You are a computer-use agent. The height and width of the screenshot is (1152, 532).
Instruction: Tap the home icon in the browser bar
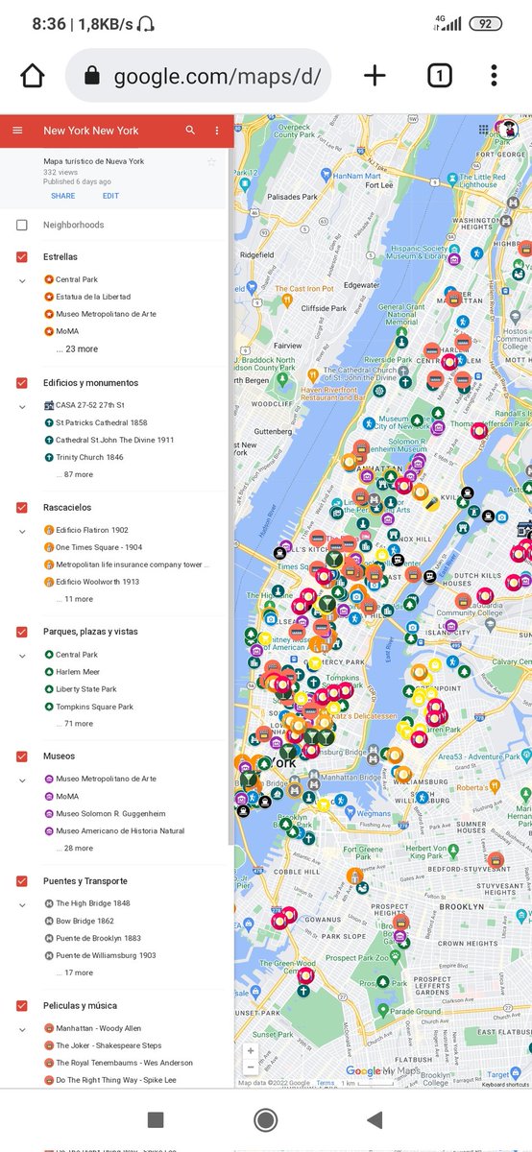33,76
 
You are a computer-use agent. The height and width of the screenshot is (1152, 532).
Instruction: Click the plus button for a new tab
375,76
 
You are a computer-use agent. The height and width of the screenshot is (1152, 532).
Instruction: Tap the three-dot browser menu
493,76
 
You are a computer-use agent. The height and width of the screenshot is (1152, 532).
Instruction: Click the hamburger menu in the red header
17,131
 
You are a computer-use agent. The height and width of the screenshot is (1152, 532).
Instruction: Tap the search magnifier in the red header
190,131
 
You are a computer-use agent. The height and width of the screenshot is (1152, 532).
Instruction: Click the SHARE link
63,196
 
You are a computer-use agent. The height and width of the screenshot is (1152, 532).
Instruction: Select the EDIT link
111,196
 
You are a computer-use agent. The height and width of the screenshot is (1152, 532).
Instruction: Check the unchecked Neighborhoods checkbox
21,226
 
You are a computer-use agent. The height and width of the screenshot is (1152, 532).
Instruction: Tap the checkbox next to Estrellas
21,257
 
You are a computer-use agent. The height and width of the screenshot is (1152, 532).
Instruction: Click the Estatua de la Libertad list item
93,297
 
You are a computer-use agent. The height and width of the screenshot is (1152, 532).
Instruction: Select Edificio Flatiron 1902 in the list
92,530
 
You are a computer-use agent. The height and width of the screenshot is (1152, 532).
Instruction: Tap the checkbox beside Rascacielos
21,507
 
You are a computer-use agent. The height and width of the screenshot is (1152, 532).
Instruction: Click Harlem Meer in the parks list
78,672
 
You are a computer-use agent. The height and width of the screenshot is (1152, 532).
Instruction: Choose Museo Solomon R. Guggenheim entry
107,814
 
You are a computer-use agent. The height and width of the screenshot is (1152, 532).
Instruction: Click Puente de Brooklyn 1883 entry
98,938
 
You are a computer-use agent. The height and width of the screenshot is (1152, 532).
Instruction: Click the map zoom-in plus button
251,1051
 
